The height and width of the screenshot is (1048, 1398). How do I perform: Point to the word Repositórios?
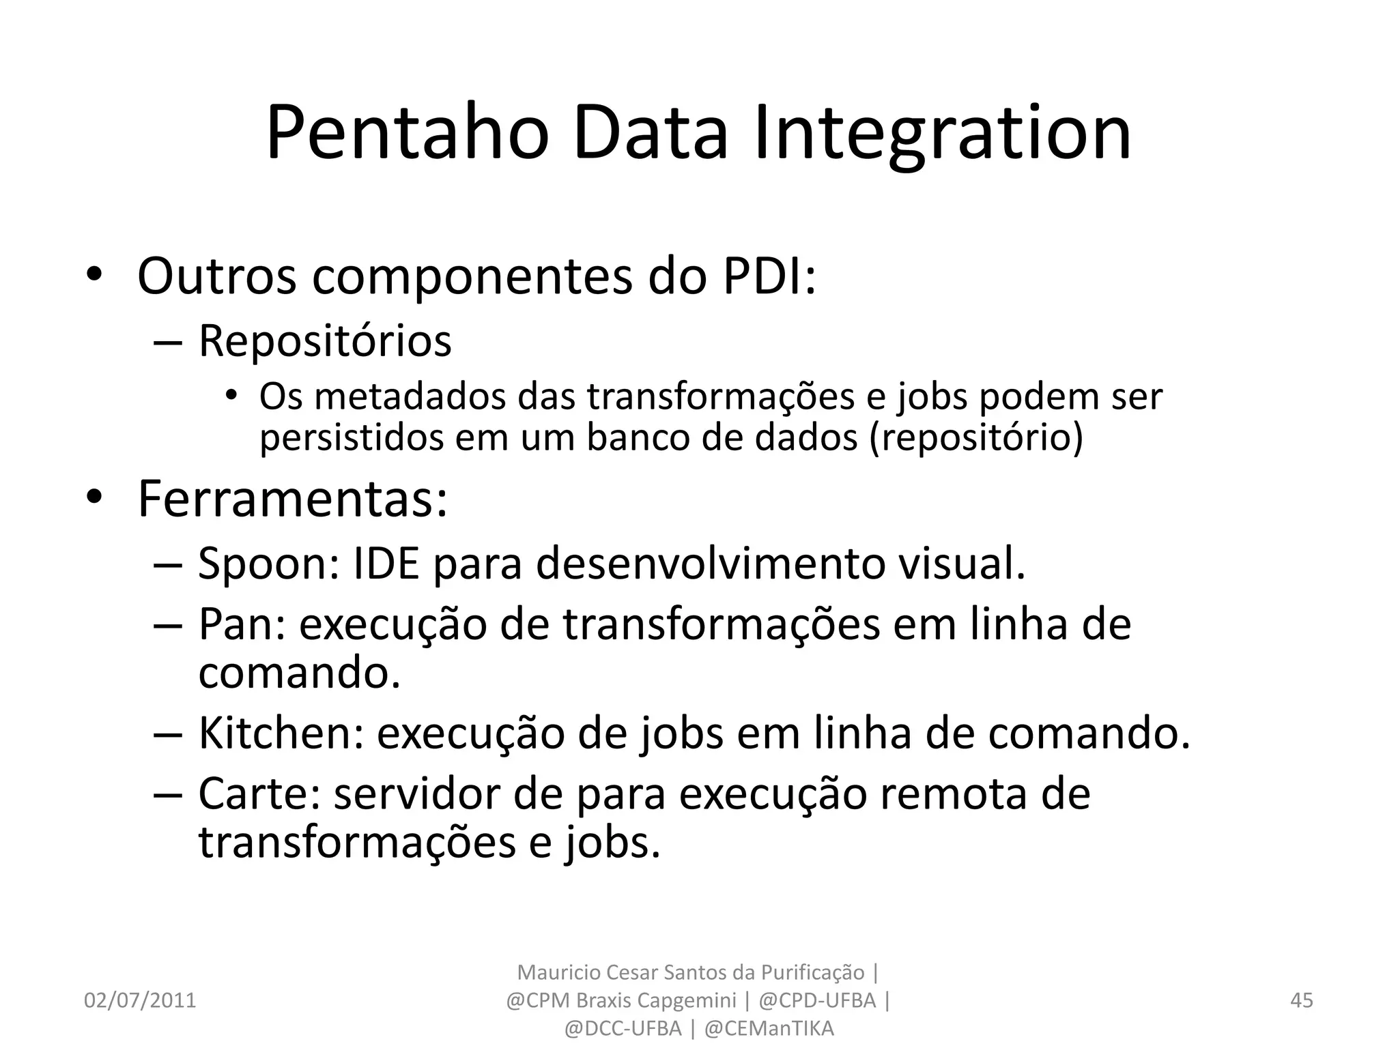325,340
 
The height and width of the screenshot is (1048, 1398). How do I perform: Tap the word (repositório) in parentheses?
975,437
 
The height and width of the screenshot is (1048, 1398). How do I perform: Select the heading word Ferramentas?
292,499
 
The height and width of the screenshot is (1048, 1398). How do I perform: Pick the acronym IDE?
385,564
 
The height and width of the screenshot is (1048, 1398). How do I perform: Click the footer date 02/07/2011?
140,1000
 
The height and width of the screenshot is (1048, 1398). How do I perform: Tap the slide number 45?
1302,1000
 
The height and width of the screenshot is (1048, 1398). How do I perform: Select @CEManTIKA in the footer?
769,1028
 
